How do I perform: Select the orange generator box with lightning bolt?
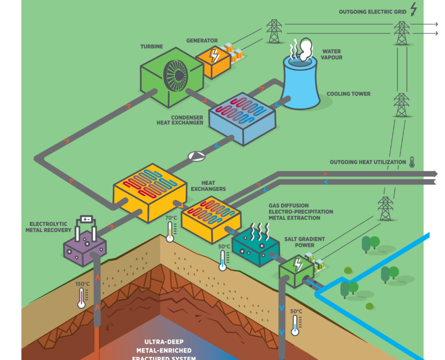213,60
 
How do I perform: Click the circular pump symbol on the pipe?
196,156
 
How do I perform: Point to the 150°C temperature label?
82,284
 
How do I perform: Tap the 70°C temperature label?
171,217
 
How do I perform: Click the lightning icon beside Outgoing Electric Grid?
413,9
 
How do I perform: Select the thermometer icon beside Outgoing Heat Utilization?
411,162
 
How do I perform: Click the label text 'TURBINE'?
151,47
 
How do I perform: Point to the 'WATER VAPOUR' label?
332,54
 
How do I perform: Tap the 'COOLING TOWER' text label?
348,94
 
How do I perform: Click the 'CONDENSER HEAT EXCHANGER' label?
180,120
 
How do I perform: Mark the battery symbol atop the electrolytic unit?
86,219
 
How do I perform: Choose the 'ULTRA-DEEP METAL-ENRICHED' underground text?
164,346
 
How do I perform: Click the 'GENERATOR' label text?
202,41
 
